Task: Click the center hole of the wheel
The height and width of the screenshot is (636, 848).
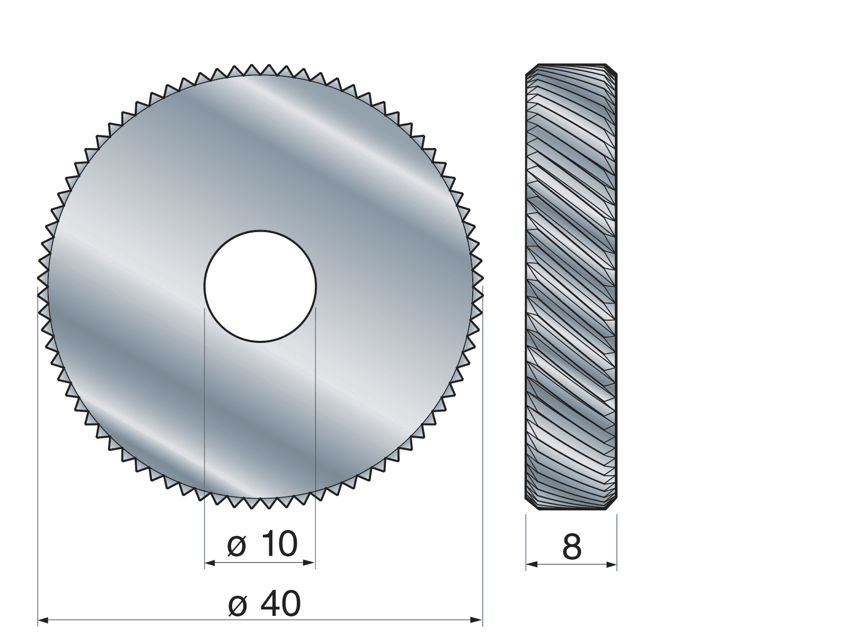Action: click(260, 286)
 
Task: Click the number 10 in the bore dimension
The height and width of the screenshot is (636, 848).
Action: click(278, 544)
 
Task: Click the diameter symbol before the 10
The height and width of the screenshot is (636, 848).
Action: click(237, 546)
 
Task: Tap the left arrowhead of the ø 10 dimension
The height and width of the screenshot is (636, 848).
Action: click(210, 563)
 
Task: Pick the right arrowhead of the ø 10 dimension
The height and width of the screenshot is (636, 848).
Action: click(310, 563)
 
